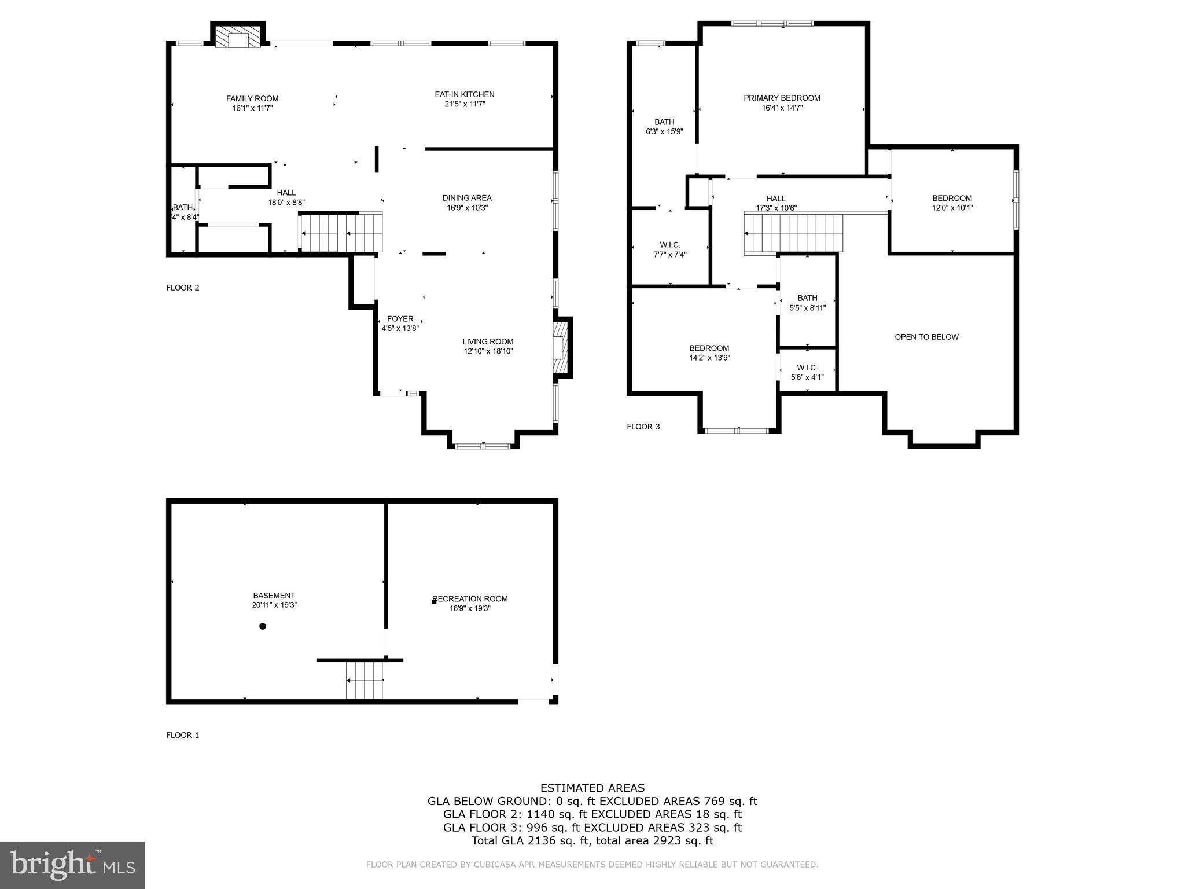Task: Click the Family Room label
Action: click(x=252, y=99)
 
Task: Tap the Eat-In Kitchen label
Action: click(x=465, y=95)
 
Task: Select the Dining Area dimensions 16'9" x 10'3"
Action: click(x=467, y=208)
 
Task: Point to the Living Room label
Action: click(x=488, y=341)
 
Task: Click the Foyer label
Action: click(x=400, y=319)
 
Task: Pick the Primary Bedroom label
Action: click(x=782, y=98)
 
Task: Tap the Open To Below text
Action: click(x=926, y=337)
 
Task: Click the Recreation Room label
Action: click(x=470, y=599)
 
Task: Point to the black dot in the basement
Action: click(x=263, y=626)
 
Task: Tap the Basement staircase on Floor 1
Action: click(x=365, y=681)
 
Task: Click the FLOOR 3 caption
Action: click(x=643, y=427)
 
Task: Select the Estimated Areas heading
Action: click(x=592, y=788)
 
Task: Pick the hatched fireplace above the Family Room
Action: click(x=237, y=36)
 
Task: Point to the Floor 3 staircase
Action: click(x=793, y=233)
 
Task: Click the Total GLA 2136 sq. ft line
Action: click(x=592, y=841)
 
